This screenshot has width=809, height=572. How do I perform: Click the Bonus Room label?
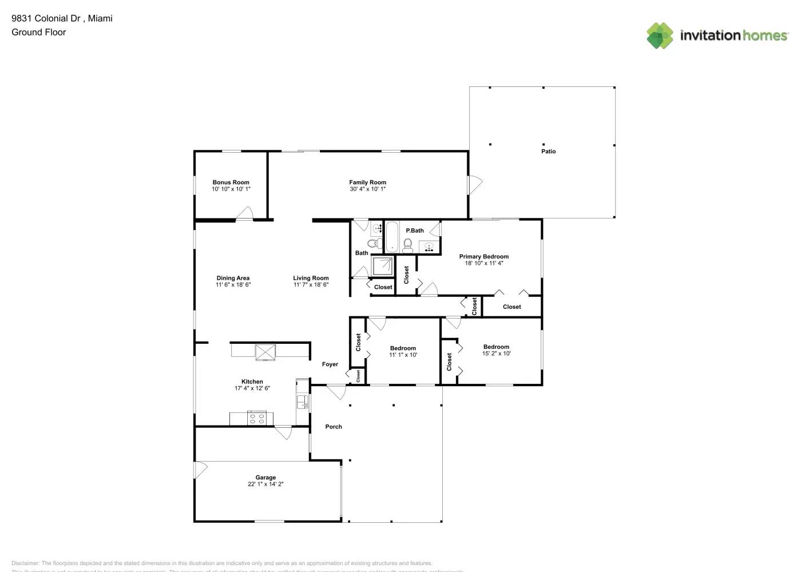pyautogui.click(x=231, y=182)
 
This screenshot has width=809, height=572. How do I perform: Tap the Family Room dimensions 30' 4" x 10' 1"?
pyautogui.click(x=367, y=189)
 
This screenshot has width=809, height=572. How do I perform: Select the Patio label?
pyautogui.click(x=548, y=152)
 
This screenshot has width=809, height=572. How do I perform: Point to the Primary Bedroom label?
pyautogui.click(x=483, y=257)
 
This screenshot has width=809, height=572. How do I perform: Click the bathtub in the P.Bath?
pyautogui.click(x=392, y=237)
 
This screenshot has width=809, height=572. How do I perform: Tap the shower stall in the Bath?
pyautogui.click(x=382, y=266)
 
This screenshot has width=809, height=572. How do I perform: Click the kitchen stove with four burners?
pyautogui.click(x=257, y=418)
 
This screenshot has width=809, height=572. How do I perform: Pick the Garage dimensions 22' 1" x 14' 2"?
pyautogui.click(x=265, y=484)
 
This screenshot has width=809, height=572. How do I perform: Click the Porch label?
pyautogui.click(x=334, y=427)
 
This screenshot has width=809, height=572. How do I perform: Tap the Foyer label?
pyautogui.click(x=330, y=364)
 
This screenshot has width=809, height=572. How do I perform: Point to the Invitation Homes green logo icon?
pyautogui.click(x=660, y=35)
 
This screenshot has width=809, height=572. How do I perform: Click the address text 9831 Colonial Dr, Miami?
pyautogui.click(x=62, y=18)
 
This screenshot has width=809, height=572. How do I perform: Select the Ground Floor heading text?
pyautogui.click(x=38, y=32)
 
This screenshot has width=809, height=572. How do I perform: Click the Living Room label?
pyautogui.click(x=311, y=279)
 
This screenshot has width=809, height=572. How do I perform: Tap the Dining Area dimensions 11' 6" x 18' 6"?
pyautogui.click(x=233, y=285)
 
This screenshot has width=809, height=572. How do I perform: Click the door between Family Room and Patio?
pyautogui.click(x=475, y=184)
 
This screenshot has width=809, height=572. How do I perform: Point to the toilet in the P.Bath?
pyautogui.click(x=407, y=245)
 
